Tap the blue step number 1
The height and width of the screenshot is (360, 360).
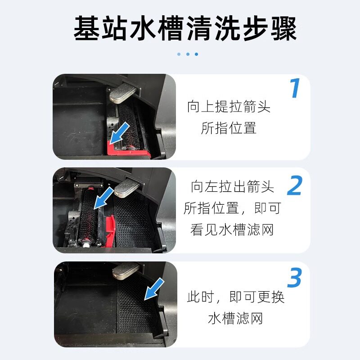[295, 89]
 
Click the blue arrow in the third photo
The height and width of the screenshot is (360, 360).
[154, 289]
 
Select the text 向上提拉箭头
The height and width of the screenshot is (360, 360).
[229, 107]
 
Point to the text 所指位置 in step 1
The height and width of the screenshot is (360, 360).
[229, 128]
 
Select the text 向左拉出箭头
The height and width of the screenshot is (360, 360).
[232, 186]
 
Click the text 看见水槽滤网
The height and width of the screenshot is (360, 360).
[232, 230]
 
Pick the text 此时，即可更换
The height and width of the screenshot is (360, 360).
[236, 297]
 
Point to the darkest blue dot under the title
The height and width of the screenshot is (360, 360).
[196, 54]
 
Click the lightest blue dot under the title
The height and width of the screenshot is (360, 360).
[179, 54]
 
